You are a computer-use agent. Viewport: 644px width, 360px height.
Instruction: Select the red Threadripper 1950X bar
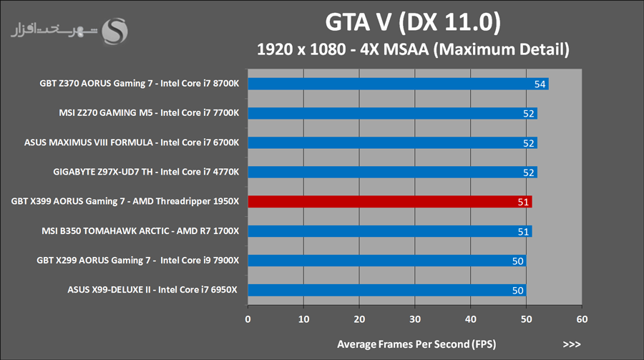click(x=390, y=202)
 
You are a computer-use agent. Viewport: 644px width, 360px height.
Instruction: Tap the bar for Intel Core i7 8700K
click(x=398, y=84)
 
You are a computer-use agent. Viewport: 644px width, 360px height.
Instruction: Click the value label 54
click(x=541, y=84)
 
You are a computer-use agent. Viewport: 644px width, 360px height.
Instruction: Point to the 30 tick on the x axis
click(x=415, y=318)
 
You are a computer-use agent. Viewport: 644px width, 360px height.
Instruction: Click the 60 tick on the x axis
click(x=582, y=318)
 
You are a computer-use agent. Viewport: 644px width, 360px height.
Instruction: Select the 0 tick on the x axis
click(x=248, y=318)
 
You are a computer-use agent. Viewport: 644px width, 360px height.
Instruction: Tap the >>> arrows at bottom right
click(x=572, y=344)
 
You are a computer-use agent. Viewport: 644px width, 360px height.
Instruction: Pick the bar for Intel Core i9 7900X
click(x=387, y=261)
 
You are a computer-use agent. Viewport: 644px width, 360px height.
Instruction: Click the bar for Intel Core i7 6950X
click(x=387, y=290)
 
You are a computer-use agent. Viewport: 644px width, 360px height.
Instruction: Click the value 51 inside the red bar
click(x=523, y=202)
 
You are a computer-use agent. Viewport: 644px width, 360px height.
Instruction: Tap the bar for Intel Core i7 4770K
click(x=393, y=172)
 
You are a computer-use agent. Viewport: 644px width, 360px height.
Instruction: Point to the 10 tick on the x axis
click(x=303, y=318)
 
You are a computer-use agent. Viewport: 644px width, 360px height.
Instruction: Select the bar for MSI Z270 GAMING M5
click(x=393, y=113)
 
